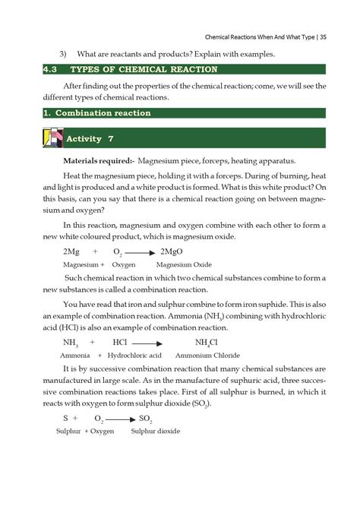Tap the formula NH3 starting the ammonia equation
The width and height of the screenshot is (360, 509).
pos(71,343)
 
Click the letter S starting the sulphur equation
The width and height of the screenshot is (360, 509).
pos(66,419)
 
